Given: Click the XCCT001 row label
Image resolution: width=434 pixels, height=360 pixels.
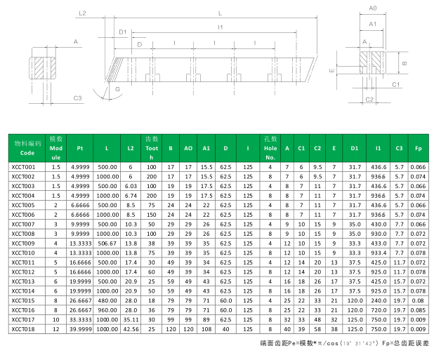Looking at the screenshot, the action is coord(23,167).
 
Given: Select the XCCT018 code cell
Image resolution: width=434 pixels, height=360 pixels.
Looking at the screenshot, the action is coord(23,329).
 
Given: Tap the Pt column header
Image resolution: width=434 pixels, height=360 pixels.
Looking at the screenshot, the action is coord(80,148).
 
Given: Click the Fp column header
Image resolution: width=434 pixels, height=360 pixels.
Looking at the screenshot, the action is coord(418,148).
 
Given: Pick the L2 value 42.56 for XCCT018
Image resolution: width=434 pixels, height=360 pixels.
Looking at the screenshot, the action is coord(131,329).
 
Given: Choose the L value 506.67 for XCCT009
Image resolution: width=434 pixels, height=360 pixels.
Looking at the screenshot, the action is coord(107,244).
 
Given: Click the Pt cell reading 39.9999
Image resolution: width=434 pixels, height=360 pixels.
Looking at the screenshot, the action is coord(80,329).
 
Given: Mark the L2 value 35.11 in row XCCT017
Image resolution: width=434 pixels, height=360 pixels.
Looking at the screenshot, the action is coord(131,320).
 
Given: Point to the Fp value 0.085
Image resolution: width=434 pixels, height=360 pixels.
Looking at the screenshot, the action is coord(418,310).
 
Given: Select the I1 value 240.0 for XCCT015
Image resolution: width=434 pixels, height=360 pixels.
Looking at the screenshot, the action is coord(379,301).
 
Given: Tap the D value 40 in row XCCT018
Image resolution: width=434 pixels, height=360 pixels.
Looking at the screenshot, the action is coord(225,329).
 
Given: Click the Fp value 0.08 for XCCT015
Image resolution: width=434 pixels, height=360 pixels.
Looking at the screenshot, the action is coord(418,301).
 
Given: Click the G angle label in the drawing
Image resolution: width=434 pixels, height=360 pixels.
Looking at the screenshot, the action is coord(117,89).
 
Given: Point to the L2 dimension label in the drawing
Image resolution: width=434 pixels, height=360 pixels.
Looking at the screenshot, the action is coord(82,13).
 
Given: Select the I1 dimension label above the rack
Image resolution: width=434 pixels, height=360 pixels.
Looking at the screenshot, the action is coord(221,27).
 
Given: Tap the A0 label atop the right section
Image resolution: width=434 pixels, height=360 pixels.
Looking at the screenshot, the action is coord(373,8).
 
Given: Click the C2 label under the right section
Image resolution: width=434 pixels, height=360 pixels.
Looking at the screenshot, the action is coord(369,100).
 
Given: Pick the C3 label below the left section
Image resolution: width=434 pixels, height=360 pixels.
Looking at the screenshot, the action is coord(77,98).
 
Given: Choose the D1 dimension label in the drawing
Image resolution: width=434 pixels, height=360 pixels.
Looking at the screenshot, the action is coord(123,32).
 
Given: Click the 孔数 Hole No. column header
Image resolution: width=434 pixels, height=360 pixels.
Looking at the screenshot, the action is coord(270,148).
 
